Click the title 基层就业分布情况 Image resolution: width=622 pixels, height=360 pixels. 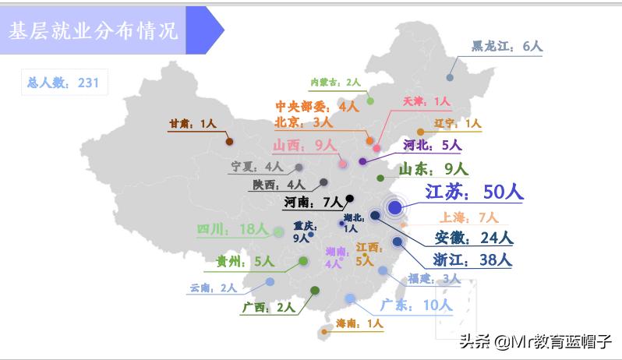(93, 30)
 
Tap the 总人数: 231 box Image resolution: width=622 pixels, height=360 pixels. (63, 83)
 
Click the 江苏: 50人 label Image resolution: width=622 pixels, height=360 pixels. (475, 192)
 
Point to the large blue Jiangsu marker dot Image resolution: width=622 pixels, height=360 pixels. (395, 207)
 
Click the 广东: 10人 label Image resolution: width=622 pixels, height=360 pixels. (416, 305)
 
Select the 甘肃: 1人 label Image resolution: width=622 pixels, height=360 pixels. (192, 123)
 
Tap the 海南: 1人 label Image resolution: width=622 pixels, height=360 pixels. (359, 323)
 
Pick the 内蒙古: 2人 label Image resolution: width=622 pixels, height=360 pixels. (335, 82)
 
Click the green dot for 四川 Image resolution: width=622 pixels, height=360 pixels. (278, 231)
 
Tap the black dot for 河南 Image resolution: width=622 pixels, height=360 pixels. (350, 198)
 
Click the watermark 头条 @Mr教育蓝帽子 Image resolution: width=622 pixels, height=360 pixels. (535, 342)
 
